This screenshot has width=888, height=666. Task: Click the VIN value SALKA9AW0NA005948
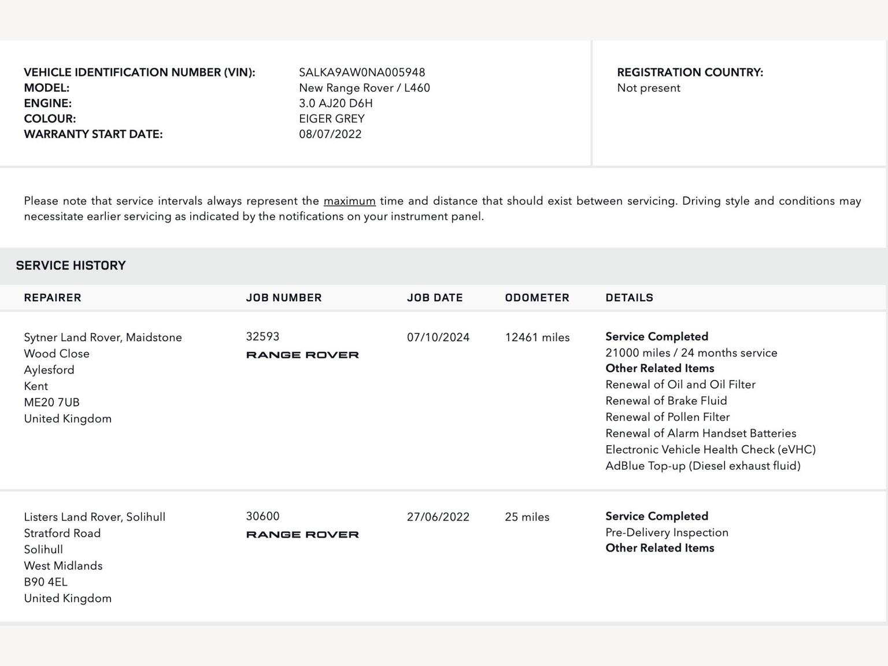[x=362, y=72]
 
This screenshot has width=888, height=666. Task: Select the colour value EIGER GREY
[x=332, y=119]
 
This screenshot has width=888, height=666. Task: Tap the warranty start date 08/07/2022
[x=330, y=134]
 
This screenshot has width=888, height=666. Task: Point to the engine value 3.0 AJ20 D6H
[x=336, y=103]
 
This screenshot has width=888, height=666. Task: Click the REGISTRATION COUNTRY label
[x=690, y=72]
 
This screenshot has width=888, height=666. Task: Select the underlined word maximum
[x=349, y=201]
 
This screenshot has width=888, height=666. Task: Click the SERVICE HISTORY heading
[x=71, y=265]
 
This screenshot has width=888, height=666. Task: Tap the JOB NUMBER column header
[x=284, y=298]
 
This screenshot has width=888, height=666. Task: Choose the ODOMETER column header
[x=537, y=298]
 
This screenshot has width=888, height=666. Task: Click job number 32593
[x=262, y=336]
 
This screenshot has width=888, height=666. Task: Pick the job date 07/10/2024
[x=438, y=338]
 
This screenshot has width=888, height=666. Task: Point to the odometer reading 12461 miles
[x=537, y=338]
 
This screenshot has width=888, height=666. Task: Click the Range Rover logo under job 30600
[x=302, y=535]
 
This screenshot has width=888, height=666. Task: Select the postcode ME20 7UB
[x=51, y=402]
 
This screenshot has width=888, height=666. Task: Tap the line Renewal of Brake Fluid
[x=666, y=401]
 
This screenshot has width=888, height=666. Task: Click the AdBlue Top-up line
[x=702, y=466]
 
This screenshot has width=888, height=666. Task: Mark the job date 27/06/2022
[x=438, y=517]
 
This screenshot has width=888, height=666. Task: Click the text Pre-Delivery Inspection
[x=667, y=532]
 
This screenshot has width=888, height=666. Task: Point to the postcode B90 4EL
[x=46, y=582]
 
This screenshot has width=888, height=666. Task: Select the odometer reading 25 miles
[x=527, y=517]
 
